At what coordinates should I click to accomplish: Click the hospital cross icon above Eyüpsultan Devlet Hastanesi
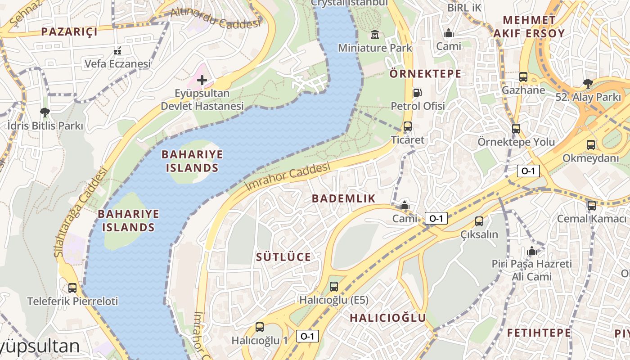(202, 81)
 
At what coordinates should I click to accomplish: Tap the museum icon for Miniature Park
(374, 34)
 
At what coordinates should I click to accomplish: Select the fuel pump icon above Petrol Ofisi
(418, 93)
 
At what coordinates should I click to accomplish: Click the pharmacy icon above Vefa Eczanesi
(117, 51)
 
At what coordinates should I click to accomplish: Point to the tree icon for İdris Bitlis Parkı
(45, 112)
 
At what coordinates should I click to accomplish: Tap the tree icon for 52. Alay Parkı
(587, 83)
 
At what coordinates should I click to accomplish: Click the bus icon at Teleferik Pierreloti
(72, 288)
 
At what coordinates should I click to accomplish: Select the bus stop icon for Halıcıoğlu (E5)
(333, 286)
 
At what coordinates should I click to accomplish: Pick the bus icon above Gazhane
(523, 76)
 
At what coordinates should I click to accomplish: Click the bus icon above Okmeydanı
(591, 145)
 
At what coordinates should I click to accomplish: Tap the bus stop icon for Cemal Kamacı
(591, 205)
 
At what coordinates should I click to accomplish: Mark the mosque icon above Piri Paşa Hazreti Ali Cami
(532, 251)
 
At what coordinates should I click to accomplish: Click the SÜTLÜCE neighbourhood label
(283, 257)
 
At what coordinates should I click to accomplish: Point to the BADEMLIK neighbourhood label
(343, 198)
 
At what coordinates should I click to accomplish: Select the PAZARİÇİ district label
(69, 31)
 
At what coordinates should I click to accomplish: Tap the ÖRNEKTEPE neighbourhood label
(425, 74)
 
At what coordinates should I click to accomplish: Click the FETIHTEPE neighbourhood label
(539, 333)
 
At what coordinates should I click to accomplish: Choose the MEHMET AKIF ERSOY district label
(529, 27)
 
